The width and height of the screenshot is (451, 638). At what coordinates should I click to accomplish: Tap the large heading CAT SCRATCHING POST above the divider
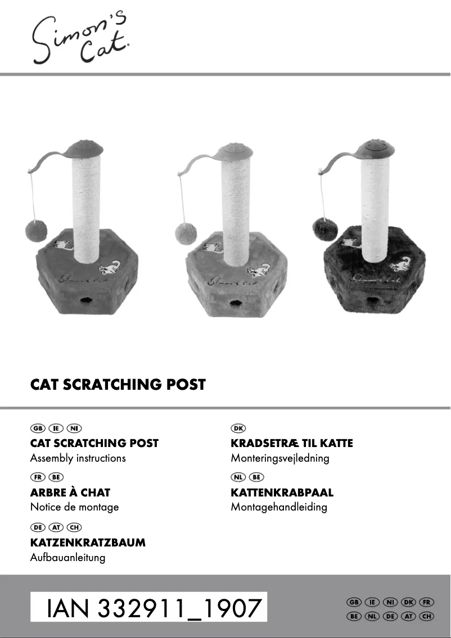[118, 385]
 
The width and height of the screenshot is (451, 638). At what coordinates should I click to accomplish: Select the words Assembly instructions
[78, 458]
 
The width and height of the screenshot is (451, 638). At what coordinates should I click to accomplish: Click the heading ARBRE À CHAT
[70, 493]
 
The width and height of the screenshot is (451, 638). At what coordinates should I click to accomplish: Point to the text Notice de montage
[74, 507]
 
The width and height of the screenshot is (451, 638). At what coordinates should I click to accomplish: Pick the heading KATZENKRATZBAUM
[88, 543]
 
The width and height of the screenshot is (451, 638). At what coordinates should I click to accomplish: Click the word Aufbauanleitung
[67, 558]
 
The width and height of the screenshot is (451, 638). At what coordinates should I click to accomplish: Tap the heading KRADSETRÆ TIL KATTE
[292, 443]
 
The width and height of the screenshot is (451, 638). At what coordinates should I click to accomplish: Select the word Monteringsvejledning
[280, 458]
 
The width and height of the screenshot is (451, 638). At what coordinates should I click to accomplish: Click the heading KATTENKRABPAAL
[282, 493]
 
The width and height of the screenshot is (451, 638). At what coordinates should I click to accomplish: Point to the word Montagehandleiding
[279, 507]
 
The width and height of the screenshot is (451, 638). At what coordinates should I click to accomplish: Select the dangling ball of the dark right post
[325, 229]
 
